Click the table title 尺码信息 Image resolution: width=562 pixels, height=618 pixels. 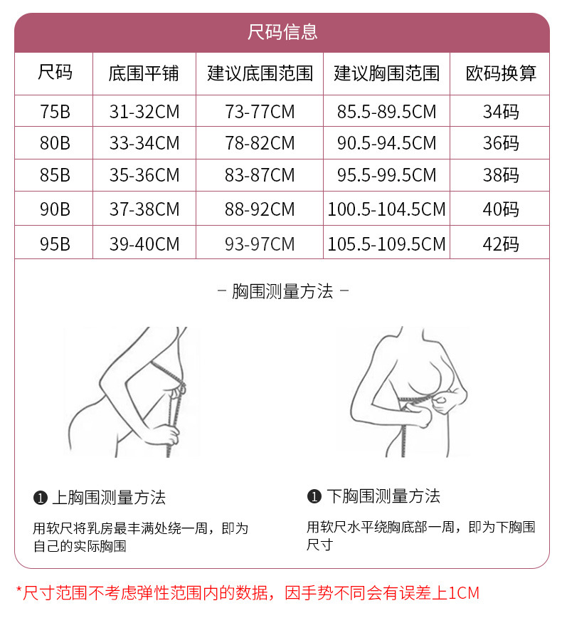point(282,32)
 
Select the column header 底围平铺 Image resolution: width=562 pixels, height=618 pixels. point(144,73)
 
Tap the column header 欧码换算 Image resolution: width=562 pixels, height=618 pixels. point(500,73)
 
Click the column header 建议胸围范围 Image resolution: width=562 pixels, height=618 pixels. point(386,73)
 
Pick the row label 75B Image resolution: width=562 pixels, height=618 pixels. point(55,112)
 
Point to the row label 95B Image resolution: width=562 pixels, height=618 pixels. point(55,244)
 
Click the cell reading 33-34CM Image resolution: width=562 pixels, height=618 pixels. point(144,143)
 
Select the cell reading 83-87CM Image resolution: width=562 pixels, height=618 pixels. point(260,175)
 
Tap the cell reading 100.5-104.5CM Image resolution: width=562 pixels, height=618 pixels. point(386,209)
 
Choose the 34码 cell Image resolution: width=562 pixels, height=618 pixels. point(500,112)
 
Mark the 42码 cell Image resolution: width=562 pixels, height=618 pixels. point(500,244)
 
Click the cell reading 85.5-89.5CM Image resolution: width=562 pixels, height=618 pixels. point(386,112)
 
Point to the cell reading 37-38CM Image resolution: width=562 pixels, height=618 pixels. point(144,209)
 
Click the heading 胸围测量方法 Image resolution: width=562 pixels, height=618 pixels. point(282,291)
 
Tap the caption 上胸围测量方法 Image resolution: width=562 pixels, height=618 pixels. point(108,498)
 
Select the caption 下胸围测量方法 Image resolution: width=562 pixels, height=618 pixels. point(383,496)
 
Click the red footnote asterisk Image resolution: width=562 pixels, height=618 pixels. point(19,591)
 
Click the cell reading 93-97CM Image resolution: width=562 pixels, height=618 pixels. point(260,244)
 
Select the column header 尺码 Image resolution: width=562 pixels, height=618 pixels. point(55,73)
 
